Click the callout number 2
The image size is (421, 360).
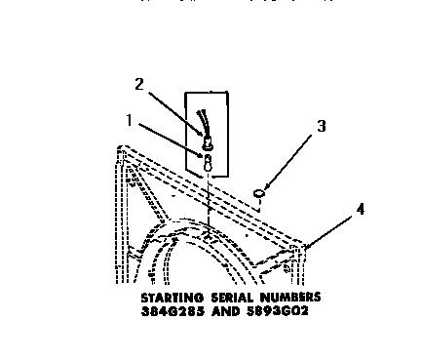pos(139,85)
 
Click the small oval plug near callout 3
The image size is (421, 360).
pos(260,194)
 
